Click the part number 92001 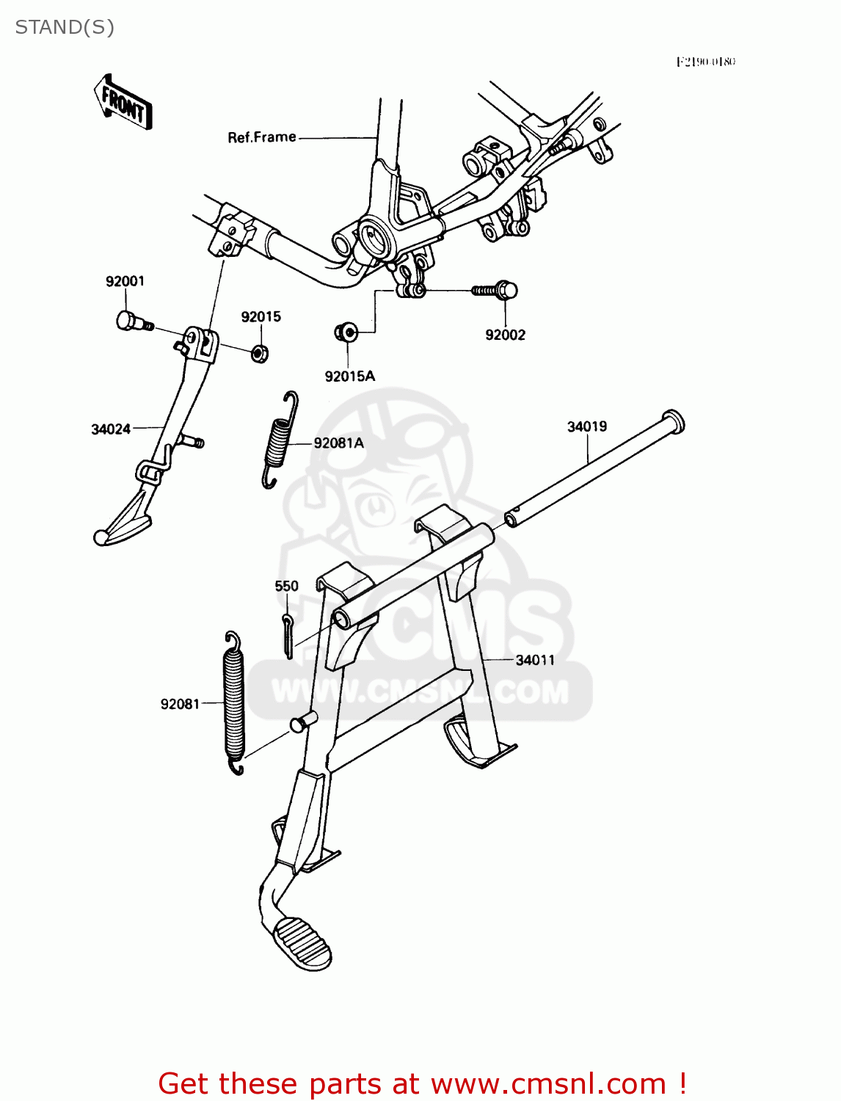pyautogui.click(x=125, y=281)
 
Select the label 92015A pyautogui.click(x=350, y=377)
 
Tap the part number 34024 pyautogui.click(x=111, y=429)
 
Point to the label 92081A pyautogui.click(x=338, y=443)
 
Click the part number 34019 pyautogui.click(x=587, y=426)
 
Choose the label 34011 pyautogui.click(x=535, y=660)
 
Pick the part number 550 pyautogui.click(x=286, y=586)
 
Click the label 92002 pyautogui.click(x=505, y=335)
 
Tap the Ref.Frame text pyautogui.click(x=262, y=137)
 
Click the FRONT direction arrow pyautogui.click(x=123, y=103)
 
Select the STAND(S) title pyautogui.click(x=65, y=27)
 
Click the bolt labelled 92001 pyautogui.click(x=132, y=321)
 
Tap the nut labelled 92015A pyautogui.click(x=346, y=333)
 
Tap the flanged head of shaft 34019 pyautogui.click(x=673, y=421)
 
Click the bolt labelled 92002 pyautogui.click(x=496, y=291)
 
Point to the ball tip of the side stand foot pyautogui.click(x=101, y=537)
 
